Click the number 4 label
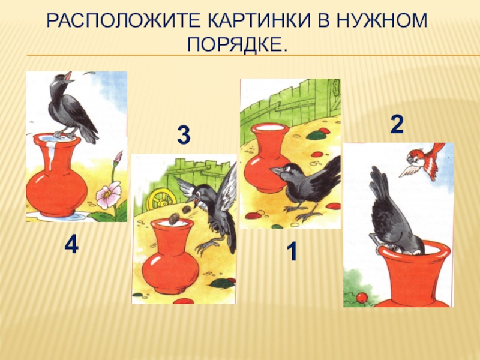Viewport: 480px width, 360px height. point(71,245)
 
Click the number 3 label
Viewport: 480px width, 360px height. point(184,135)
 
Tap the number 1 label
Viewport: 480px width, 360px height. point(292,251)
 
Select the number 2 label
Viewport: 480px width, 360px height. point(397,125)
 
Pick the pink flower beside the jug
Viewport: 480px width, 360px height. point(108,194)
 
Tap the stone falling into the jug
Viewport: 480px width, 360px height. point(174,218)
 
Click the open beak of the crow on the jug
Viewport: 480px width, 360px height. point(69,77)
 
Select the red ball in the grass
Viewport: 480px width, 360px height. point(362,297)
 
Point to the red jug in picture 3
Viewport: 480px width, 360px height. point(169,257)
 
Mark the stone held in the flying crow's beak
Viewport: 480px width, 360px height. point(186,209)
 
